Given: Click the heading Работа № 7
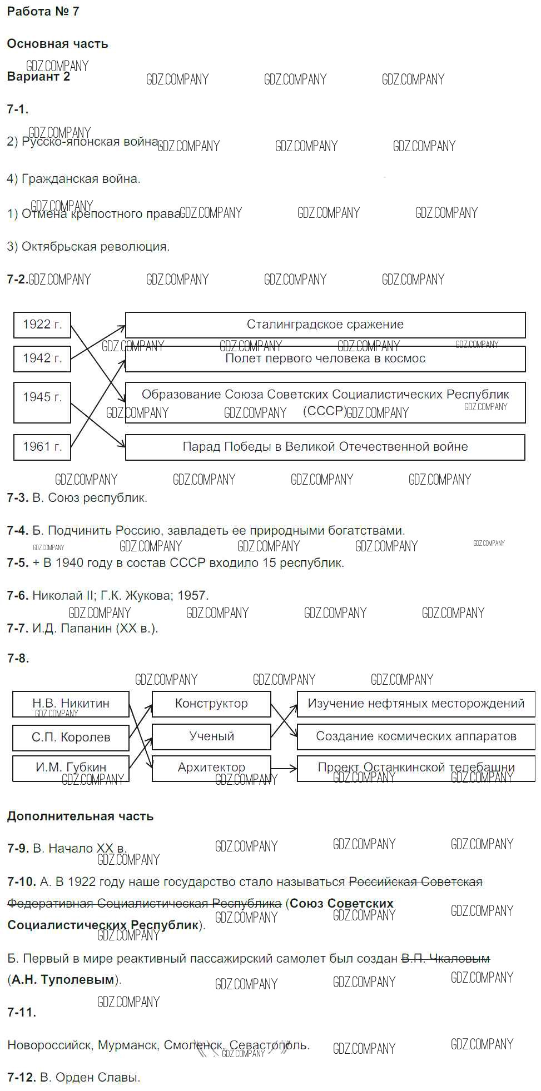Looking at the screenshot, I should pos(43,12).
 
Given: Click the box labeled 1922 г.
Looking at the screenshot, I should pos(42,325).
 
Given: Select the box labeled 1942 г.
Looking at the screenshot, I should pos(42,358).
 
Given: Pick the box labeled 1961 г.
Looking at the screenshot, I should pos(42,447).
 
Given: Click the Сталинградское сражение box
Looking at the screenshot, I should pos(325,325).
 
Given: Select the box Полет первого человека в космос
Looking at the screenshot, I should pos(325,359).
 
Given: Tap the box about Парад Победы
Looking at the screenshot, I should pos(325,447).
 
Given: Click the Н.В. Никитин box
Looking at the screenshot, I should pos(71,704).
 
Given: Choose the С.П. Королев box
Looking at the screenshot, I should pos(71,738).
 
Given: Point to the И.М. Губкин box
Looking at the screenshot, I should pos(71,768).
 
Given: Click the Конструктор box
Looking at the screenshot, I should pos(211,704).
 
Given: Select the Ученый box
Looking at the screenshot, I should pos(211,736).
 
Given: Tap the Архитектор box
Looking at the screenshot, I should pos(211,768).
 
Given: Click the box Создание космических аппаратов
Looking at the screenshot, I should pos(416,736).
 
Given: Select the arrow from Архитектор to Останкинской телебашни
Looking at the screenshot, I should pos(284,769).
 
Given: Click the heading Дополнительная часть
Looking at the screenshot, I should pos(80,816).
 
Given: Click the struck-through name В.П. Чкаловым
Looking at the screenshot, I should pos(445,959).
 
